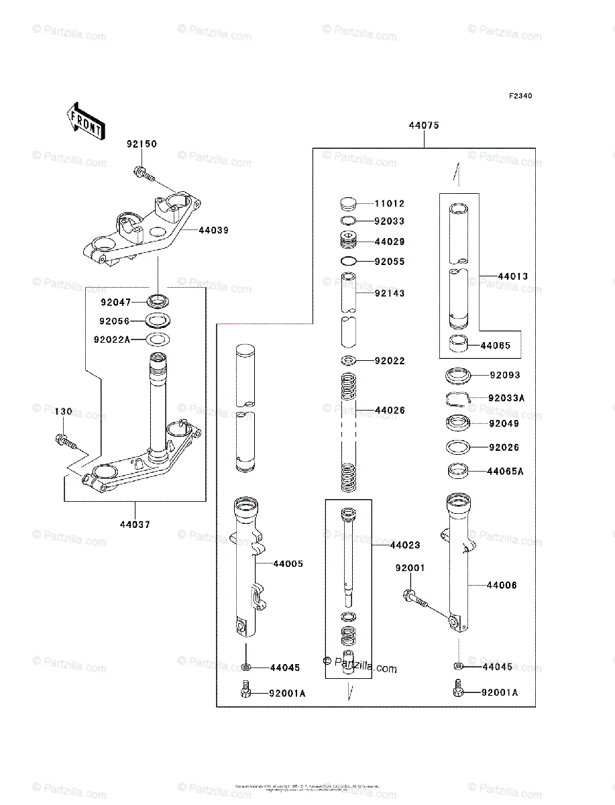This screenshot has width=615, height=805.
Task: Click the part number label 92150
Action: tap(141, 144)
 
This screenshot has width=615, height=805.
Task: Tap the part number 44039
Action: tap(213, 230)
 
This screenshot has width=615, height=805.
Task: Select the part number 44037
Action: tap(136, 524)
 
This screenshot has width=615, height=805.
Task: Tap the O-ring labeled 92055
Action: tap(348, 261)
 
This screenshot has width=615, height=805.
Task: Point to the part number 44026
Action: tap(390, 410)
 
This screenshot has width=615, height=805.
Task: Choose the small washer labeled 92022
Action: tap(347, 361)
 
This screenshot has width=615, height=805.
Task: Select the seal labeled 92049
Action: tap(459, 423)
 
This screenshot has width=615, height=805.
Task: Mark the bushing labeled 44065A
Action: tap(459, 471)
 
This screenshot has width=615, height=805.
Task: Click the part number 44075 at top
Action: tap(424, 125)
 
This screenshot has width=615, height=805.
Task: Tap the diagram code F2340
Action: tap(520, 96)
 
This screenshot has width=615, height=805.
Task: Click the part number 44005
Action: tap(288, 563)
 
